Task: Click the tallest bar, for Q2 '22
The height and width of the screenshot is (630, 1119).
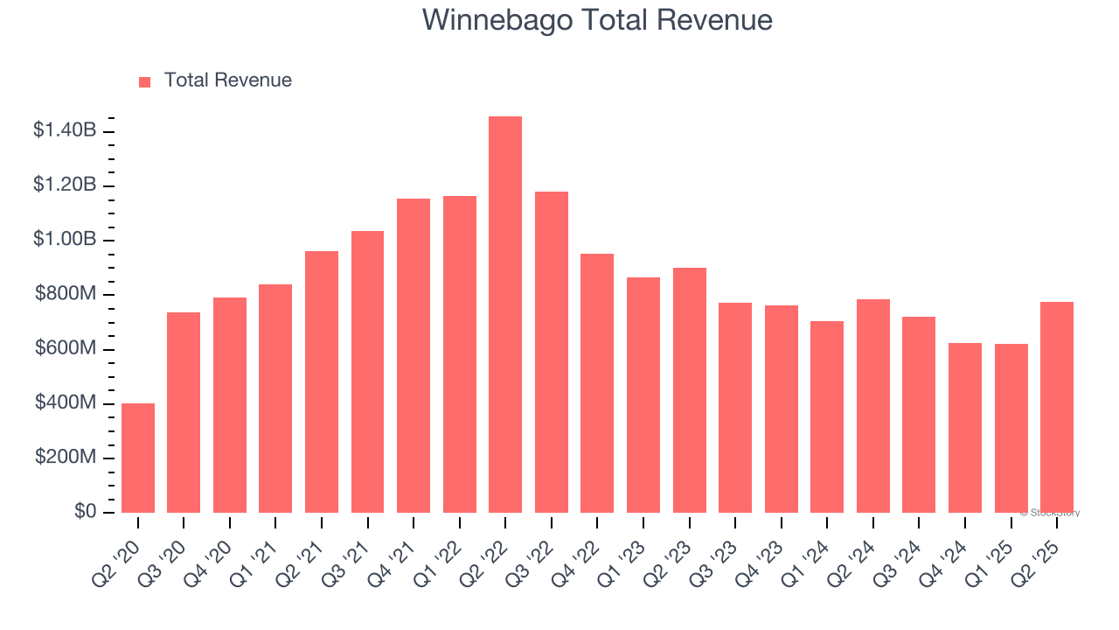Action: (x=505, y=315)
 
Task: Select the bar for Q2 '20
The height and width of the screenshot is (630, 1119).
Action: (x=138, y=458)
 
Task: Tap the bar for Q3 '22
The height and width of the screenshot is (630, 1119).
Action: (x=552, y=352)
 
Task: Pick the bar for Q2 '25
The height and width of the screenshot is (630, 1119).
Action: (x=1057, y=407)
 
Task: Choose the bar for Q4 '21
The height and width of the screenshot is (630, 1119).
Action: (x=414, y=355)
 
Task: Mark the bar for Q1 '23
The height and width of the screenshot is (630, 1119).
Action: (x=643, y=395)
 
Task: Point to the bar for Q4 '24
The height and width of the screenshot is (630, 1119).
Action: (x=965, y=428)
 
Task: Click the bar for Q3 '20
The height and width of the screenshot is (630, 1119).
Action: (x=184, y=412)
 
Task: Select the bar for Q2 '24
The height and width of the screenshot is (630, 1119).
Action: (x=873, y=406)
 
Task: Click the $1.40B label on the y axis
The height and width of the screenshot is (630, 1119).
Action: (x=65, y=130)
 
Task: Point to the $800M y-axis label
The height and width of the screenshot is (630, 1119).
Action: (x=66, y=294)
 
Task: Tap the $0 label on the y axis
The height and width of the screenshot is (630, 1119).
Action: (x=85, y=511)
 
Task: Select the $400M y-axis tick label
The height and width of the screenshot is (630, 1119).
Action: (x=66, y=402)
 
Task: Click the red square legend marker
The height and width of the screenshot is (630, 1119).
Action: (x=145, y=81)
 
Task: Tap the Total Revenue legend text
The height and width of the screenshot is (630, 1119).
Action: (x=228, y=80)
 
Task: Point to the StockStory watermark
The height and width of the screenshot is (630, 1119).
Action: (x=1050, y=513)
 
